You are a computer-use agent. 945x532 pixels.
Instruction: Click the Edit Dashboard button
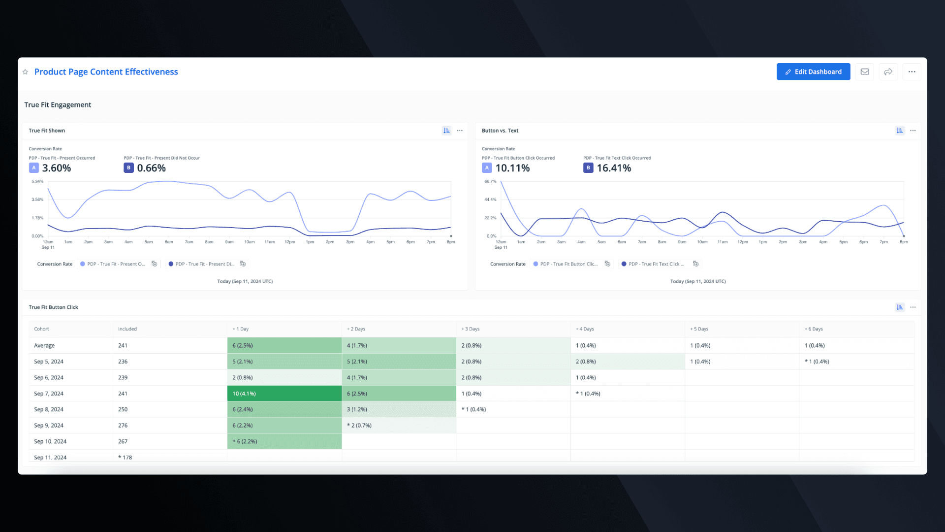point(813,72)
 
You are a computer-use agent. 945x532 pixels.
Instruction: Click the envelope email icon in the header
point(865,72)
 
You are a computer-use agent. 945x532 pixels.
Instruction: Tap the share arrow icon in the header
point(888,72)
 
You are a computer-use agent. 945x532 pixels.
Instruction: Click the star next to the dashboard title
point(26,72)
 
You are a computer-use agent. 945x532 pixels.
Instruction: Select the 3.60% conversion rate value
point(57,168)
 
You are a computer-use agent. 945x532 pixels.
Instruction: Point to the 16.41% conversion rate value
point(614,168)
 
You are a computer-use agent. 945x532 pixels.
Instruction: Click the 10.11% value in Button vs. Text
point(512,168)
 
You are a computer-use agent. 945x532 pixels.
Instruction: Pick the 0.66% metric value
point(151,168)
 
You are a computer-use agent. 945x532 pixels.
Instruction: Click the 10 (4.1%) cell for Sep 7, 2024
point(244,394)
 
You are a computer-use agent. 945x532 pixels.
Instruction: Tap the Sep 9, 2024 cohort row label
point(49,426)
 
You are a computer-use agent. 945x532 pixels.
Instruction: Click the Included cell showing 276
point(123,426)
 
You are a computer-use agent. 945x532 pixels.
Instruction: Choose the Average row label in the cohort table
point(44,346)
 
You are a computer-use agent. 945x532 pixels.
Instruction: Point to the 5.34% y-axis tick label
point(37,182)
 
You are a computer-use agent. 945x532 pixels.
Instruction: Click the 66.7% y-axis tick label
point(490,182)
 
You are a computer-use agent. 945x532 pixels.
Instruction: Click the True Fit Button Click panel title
point(54,307)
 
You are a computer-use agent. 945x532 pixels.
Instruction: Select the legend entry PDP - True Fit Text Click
point(656,264)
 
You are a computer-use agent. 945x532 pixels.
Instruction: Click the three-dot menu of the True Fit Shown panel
point(460,131)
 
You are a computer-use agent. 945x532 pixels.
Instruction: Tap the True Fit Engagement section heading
point(58,105)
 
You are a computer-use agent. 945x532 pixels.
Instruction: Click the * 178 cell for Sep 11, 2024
point(126,458)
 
